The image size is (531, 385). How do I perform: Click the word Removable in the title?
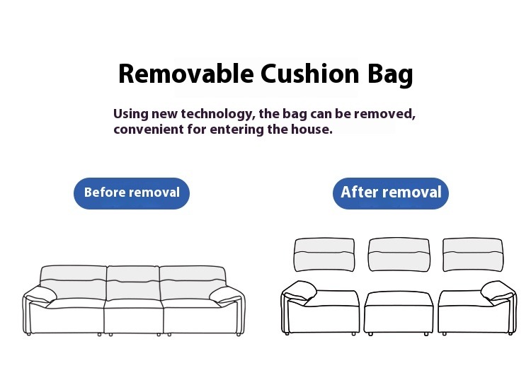186,74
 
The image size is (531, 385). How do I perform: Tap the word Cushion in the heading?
310,74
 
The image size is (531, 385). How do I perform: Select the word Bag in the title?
390,75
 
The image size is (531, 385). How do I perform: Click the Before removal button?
132,193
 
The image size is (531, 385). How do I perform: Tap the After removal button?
391,193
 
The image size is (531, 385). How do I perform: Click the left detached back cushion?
324,255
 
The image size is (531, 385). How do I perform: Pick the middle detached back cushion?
399,255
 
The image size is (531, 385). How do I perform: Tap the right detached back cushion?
473,255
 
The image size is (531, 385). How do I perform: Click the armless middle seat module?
399,313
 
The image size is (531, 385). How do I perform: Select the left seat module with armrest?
320,308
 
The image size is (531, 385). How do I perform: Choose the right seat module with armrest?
477,308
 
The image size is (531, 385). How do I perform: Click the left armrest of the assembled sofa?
40,294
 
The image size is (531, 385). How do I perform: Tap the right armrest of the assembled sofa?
226,294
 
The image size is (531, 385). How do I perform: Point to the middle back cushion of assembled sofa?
133,283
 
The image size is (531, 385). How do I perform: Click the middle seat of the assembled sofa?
134,316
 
